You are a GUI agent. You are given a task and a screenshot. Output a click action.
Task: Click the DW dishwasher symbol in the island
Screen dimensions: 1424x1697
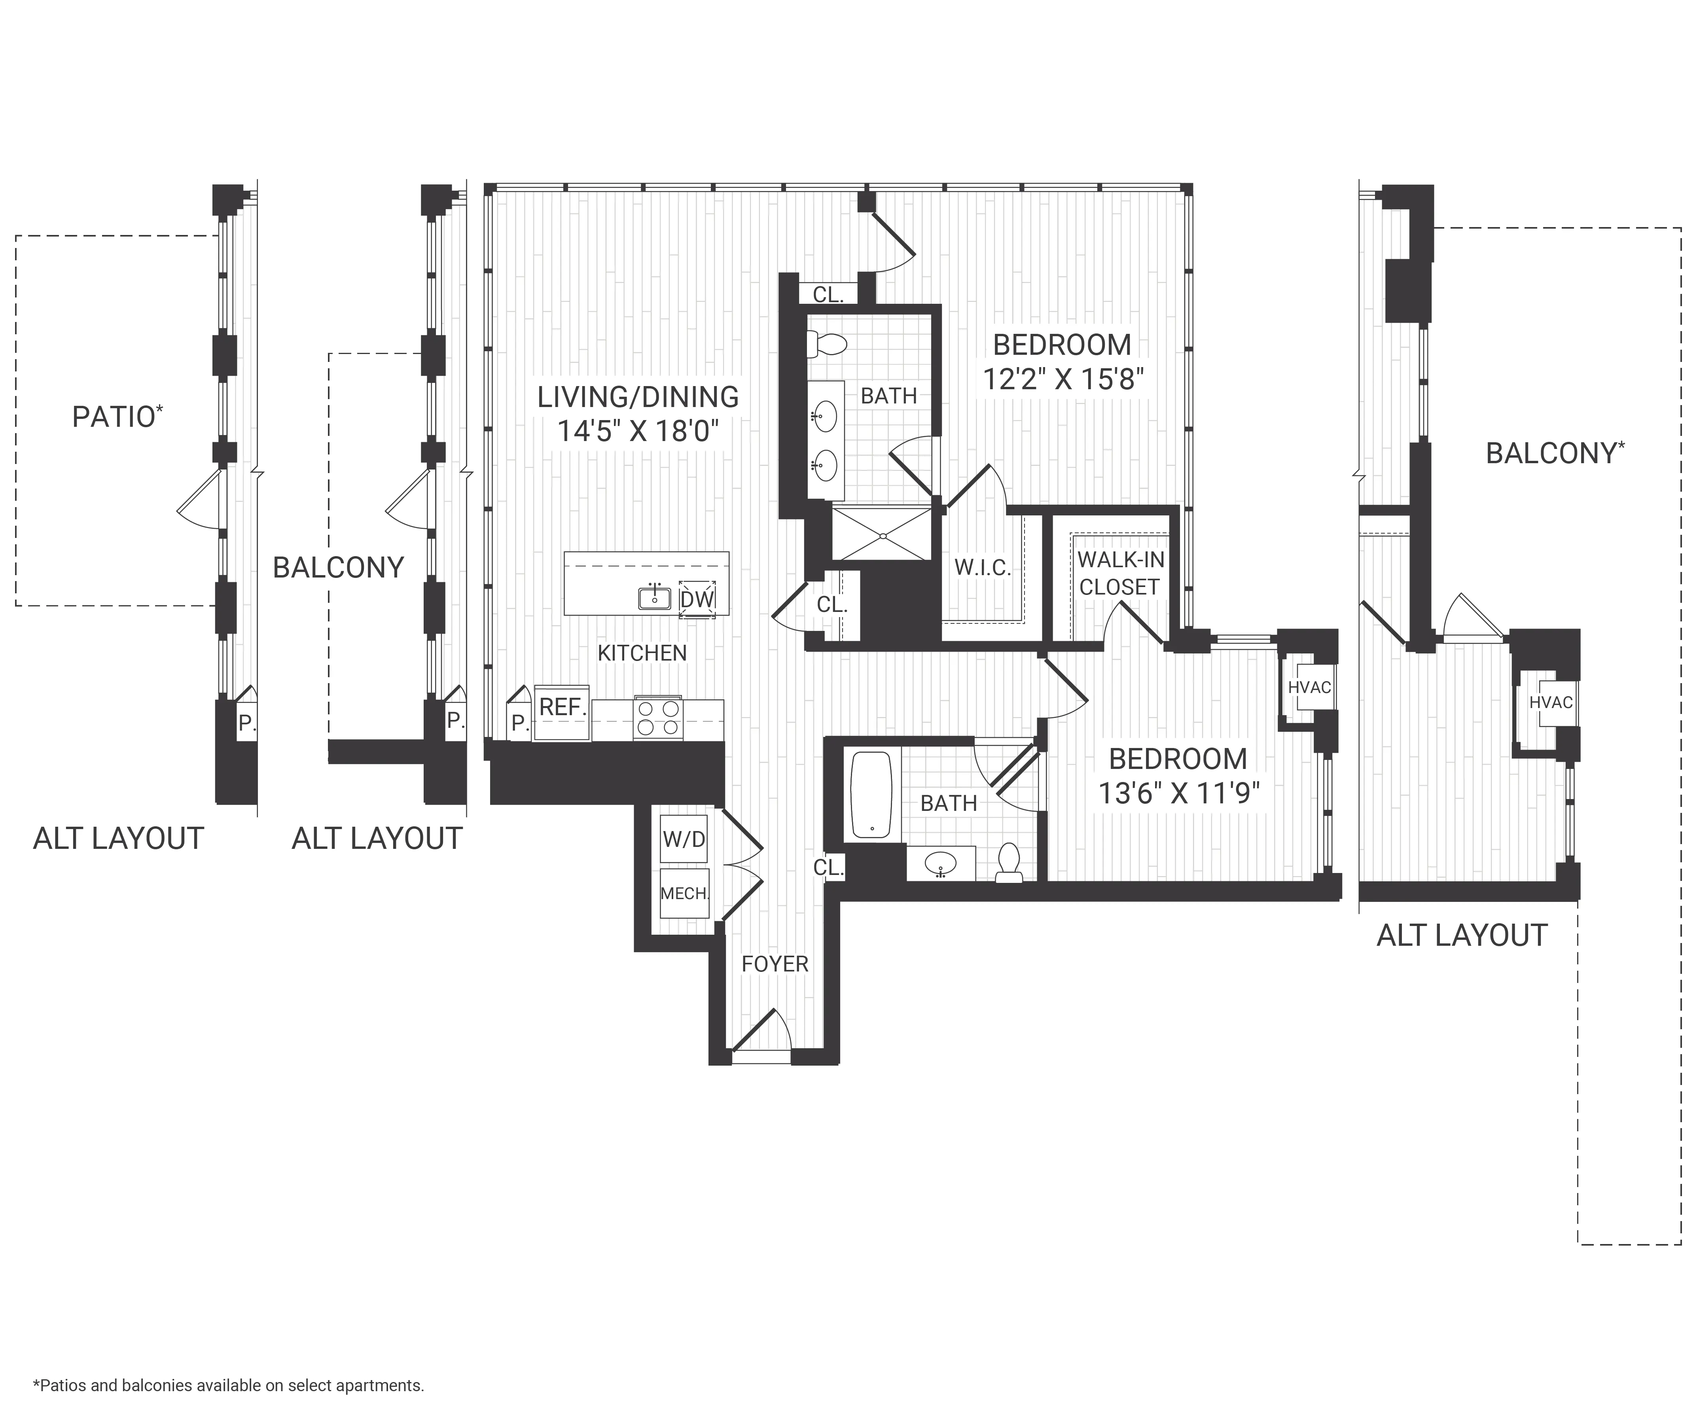(697, 599)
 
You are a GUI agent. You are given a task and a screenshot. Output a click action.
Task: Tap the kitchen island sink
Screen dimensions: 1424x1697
(655, 598)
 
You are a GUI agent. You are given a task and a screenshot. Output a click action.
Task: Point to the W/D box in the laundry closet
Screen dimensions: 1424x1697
(684, 839)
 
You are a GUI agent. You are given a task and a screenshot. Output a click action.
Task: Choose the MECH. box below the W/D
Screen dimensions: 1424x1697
(684, 893)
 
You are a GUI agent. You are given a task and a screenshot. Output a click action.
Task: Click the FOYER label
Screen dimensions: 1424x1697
(774, 963)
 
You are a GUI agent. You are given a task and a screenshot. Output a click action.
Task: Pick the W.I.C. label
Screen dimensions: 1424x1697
(983, 567)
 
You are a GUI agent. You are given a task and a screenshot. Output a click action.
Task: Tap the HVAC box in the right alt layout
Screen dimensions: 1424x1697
(1550, 702)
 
